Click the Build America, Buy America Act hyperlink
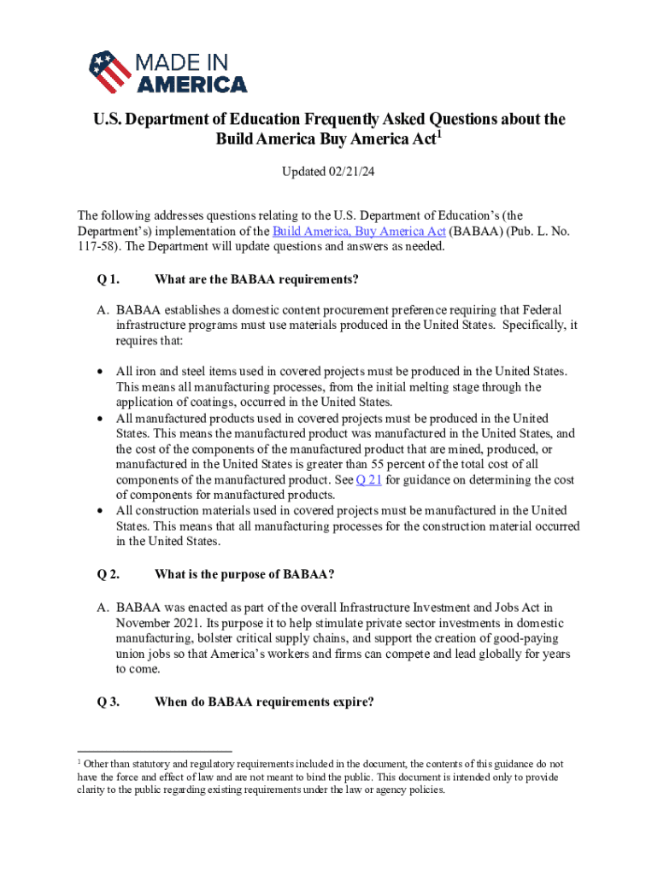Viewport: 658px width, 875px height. coord(359,231)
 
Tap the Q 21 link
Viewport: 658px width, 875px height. coord(368,480)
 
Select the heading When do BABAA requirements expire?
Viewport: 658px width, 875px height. coord(264,702)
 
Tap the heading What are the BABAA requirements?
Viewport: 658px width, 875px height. coord(256,279)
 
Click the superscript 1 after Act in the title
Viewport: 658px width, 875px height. coord(439,134)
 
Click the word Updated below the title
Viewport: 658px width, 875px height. coord(302,173)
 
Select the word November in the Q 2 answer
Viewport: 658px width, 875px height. coord(146,624)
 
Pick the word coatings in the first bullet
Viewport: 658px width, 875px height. coord(226,402)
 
